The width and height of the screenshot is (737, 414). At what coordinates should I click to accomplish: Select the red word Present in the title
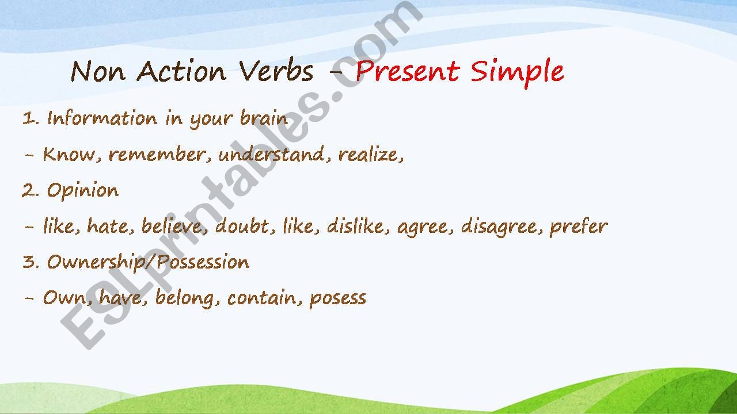point(407,72)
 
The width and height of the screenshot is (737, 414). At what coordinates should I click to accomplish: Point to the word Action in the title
point(181,72)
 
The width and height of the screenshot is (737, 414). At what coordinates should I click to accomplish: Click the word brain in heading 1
point(264,118)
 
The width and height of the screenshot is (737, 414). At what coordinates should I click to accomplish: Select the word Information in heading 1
point(102,118)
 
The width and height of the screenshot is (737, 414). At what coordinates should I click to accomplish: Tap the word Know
point(66,154)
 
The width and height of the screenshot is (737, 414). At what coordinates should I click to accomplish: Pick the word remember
point(156,154)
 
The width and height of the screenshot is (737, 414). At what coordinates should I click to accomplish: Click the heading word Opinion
point(83,191)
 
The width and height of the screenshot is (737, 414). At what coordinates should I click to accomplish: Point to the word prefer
point(578,227)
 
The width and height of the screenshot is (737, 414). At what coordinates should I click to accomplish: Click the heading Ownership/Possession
point(148,262)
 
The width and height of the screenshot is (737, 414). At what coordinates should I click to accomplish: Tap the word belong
point(187,298)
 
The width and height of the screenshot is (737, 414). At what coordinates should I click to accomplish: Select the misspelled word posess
point(338,298)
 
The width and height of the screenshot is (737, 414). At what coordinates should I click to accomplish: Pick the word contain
point(264,298)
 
